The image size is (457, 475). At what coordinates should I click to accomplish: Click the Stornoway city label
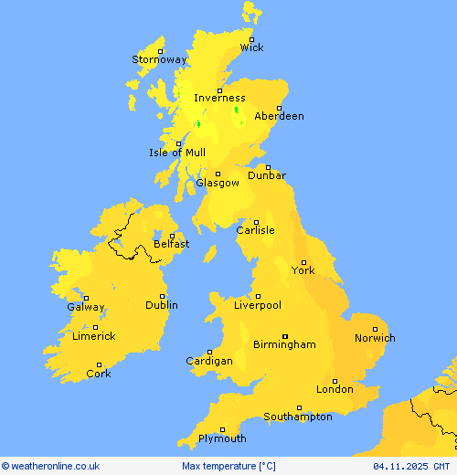tap(159, 60)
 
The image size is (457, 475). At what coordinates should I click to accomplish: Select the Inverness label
tap(219, 99)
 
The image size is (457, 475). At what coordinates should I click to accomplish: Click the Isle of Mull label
tap(177, 153)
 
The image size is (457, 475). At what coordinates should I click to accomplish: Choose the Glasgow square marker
tap(218, 174)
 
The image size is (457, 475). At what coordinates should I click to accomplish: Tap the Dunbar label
tap(267, 175)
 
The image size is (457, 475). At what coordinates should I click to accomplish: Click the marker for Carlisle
tap(257, 221)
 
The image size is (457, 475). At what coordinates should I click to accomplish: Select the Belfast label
tap(172, 244)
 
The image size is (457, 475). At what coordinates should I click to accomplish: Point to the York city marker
tap(303, 262)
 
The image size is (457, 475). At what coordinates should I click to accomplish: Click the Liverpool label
tap(258, 305)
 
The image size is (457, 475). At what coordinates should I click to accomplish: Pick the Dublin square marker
tap(163, 296)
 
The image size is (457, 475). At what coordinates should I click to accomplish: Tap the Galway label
tap(86, 308)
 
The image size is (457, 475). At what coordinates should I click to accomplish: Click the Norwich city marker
tap(375, 329)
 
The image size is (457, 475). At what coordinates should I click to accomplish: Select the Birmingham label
tap(285, 344)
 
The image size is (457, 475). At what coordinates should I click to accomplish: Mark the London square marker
tap(335, 381)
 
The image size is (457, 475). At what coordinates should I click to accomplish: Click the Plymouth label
tap(222, 438)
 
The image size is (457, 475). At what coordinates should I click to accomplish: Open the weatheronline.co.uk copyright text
tap(51, 467)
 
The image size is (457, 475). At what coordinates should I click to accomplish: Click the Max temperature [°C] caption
tap(228, 467)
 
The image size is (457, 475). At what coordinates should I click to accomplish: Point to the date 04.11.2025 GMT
tap(411, 467)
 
